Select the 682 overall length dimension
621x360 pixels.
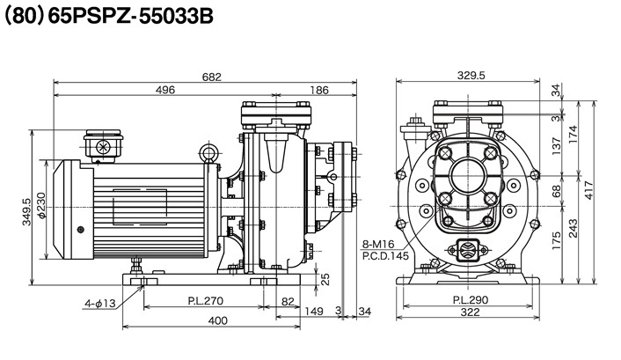(212, 77)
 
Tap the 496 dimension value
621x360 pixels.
(164, 90)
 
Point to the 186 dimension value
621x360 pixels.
(320, 90)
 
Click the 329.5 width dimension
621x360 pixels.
(471, 77)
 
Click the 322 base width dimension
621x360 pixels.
(471, 314)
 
